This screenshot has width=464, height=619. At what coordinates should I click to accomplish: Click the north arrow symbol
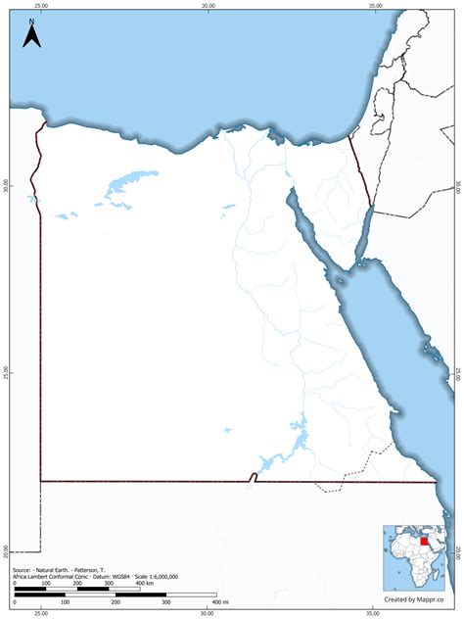pyautogui.click(x=31, y=36)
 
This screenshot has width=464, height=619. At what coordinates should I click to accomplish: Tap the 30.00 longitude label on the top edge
pyautogui.click(x=208, y=5)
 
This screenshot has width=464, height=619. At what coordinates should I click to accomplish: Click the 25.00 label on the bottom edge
pyautogui.click(x=40, y=614)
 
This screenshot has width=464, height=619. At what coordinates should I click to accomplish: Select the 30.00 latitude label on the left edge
pyautogui.click(x=5, y=186)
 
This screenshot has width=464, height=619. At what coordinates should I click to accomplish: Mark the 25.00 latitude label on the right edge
pyautogui.click(x=458, y=373)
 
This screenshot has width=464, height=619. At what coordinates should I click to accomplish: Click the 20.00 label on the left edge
pyautogui.click(x=5, y=552)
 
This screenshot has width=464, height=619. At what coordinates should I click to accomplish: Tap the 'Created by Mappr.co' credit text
pyautogui.click(x=413, y=598)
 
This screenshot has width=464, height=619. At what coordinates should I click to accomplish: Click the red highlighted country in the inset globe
pyautogui.click(x=424, y=538)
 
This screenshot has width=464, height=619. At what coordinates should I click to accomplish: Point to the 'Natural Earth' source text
pyautogui.click(x=60, y=569)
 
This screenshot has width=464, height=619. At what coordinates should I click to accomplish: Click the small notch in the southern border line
pyautogui.click(x=253, y=477)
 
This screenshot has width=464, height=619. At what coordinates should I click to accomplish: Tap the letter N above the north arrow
pyautogui.click(x=31, y=20)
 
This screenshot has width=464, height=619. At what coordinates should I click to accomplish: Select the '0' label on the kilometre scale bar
pyautogui.click(x=15, y=584)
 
